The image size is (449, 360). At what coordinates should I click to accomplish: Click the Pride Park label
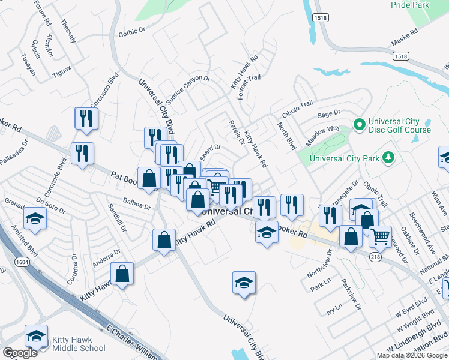[410, 4]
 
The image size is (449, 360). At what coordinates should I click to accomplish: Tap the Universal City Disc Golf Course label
[400, 125]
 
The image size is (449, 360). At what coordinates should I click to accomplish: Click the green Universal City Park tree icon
[390, 158]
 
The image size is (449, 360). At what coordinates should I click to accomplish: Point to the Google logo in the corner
[20, 353]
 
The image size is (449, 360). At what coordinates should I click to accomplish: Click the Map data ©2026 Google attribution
[412, 355]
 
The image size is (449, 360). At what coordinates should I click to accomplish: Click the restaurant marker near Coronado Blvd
[85, 118]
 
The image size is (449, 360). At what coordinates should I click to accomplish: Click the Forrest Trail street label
[249, 88]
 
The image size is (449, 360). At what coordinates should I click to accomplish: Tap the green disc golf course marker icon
[359, 125]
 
